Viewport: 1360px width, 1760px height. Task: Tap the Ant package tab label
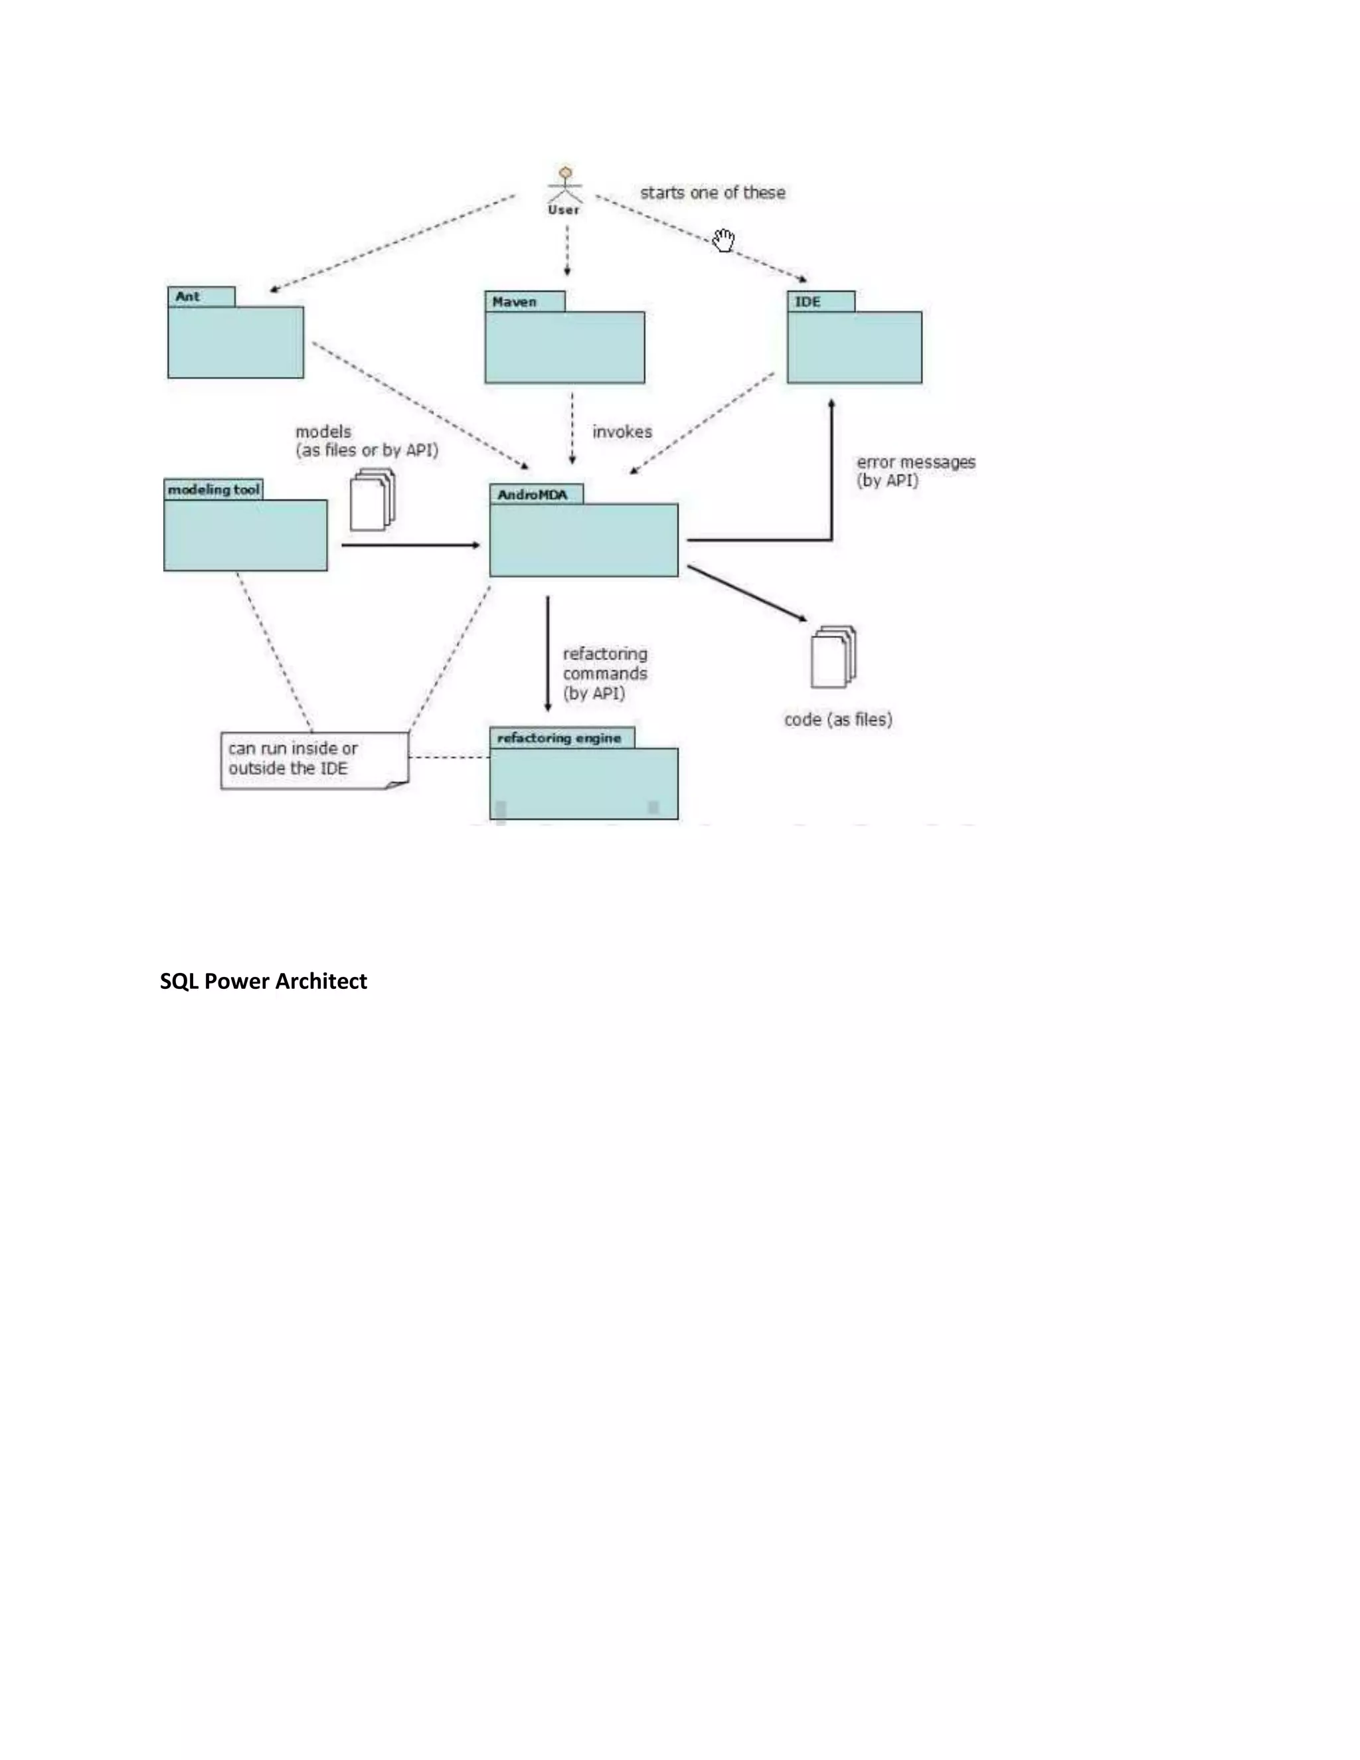pos(188,297)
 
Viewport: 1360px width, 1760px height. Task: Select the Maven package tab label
pos(515,302)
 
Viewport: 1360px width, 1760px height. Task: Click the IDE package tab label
pos(808,302)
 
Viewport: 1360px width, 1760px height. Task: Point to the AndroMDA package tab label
pos(533,495)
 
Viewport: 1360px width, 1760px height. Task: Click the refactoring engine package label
pos(559,738)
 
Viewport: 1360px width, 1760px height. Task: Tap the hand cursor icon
pos(724,240)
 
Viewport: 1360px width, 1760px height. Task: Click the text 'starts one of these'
pos(713,193)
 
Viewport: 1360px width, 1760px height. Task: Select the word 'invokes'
pos(622,432)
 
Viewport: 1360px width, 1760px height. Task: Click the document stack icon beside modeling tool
pos(373,501)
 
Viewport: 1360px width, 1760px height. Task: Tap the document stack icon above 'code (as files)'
pos(833,656)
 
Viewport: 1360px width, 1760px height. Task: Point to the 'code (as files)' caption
pos(838,720)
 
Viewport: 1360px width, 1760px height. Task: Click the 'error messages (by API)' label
pos(915,472)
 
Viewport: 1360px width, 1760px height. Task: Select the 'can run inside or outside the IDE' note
pos(314,759)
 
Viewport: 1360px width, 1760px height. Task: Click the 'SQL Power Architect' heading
pos(264,982)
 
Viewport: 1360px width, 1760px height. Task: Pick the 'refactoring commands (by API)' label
pos(604,673)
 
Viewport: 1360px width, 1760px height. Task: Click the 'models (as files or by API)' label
pos(367,442)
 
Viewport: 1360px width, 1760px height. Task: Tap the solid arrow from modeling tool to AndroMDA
pos(410,545)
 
